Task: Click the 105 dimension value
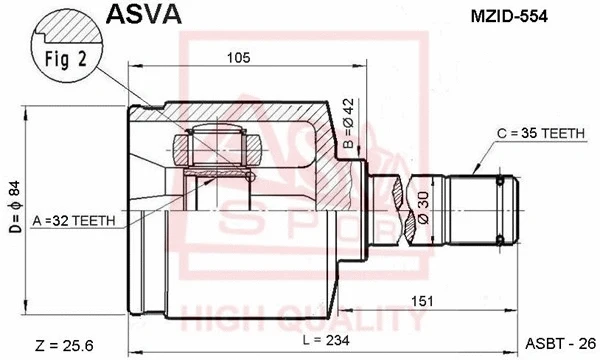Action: click(237, 58)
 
